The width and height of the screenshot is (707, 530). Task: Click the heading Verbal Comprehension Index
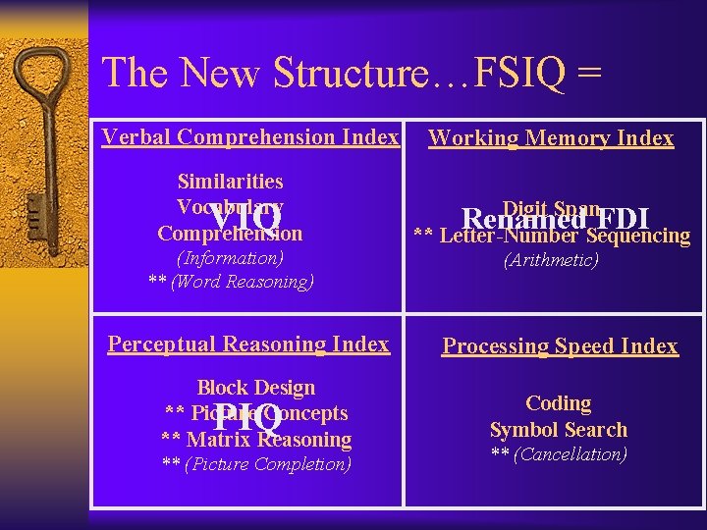[x=250, y=137]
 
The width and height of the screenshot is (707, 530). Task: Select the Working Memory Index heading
[x=551, y=138]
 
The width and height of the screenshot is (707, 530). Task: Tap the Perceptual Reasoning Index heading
[x=248, y=344]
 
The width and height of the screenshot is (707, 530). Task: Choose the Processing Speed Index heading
[x=560, y=345]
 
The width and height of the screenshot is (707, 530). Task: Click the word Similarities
[x=230, y=182]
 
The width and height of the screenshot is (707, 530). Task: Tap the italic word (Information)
[x=230, y=259]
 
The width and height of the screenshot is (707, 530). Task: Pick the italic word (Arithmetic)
[x=551, y=260]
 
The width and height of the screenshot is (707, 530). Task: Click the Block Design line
[x=256, y=388]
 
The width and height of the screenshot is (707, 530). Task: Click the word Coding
[x=558, y=403]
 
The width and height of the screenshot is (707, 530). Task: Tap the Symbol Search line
[x=558, y=430]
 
